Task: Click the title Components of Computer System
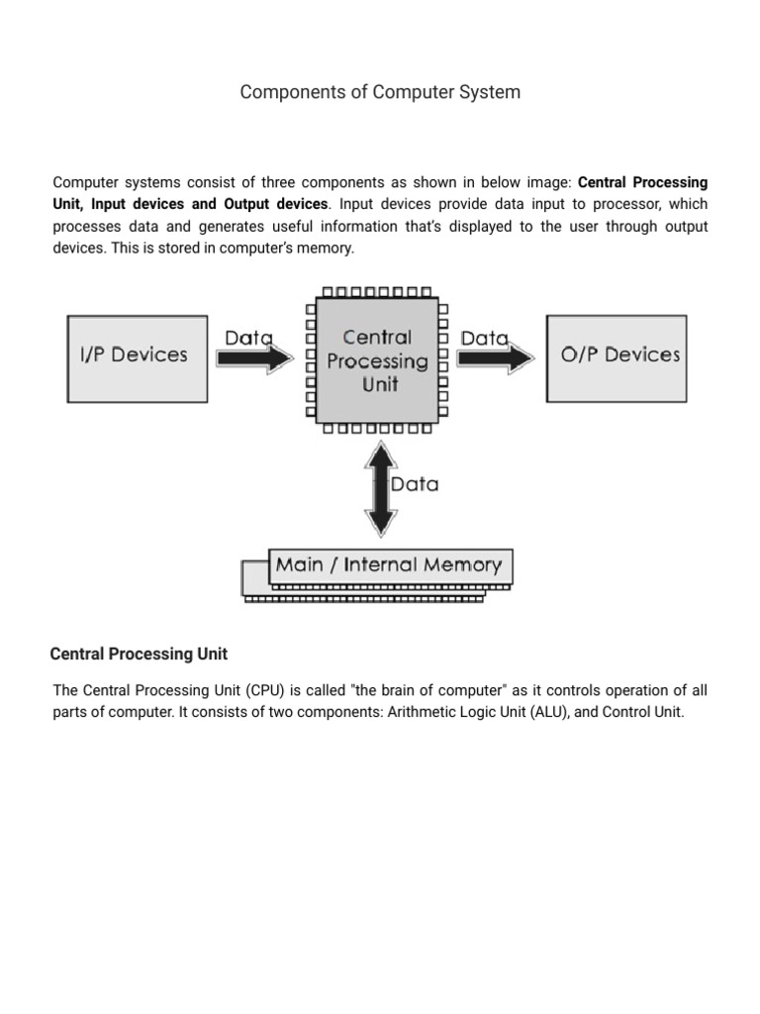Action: (380, 92)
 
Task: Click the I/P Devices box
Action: (137, 357)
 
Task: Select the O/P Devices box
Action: (617, 357)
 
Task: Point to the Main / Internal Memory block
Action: (388, 566)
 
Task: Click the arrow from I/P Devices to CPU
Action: (255, 358)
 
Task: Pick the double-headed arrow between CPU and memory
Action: (380, 488)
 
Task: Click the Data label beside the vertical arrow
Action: (415, 485)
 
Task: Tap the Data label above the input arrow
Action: (248, 338)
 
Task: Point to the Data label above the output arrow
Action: (485, 338)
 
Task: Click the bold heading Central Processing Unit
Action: (139, 654)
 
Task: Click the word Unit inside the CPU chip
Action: (379, 384)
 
